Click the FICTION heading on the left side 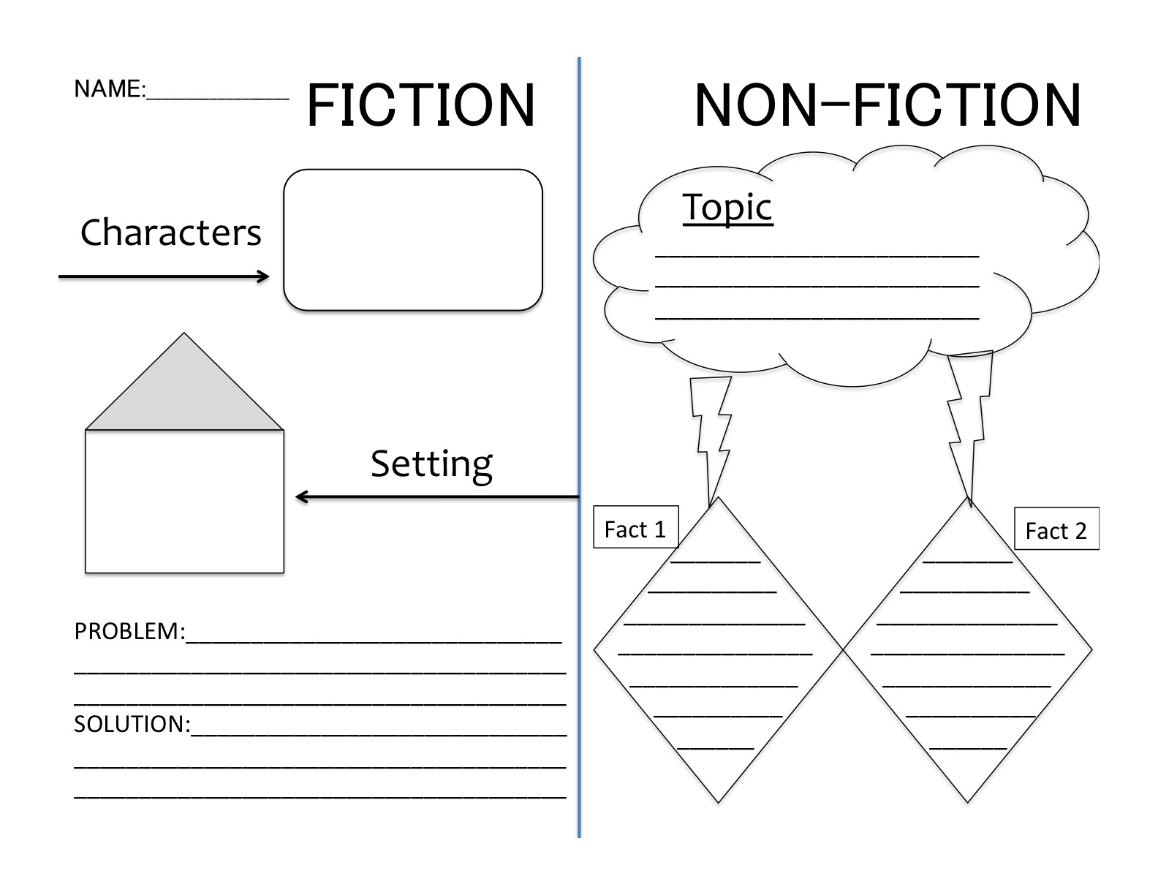pyautogui.click(x=421, y=105)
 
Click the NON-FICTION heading pyautogui.click(x=887, y=105)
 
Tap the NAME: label pyautogui.click(x=109, y=89)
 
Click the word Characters pyautogui.click(x=170, y=233)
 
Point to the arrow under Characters pyautogui.click(x=164, y=276)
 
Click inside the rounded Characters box pyautogui.click(x=413, y=240)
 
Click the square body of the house pyautogui.click(x=184, y=501)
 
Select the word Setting pyautogui.click(x=431, y=464)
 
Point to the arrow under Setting pyautogui.click(x=436, y=497)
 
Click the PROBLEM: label pyautogui.click(x=129, y=631)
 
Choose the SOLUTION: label pyautogui.click(x=132, y=724)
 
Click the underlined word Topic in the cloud pyautogui.click(x=727, y=207)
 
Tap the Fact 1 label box pyautogui.click(x=635, y=528)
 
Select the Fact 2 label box pyautogui.click(x=1056, y=529)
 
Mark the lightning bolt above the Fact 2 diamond pyautogui.click(x=968, y=424)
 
